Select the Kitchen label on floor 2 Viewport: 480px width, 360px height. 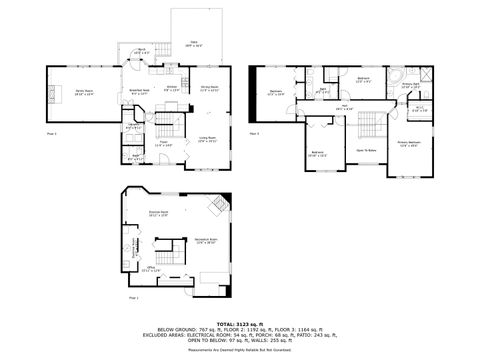tap(171, 88)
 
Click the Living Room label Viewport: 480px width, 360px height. tap(207, 140)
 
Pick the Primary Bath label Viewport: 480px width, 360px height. tap(410, 86)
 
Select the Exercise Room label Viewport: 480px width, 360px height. tap(158, 214)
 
